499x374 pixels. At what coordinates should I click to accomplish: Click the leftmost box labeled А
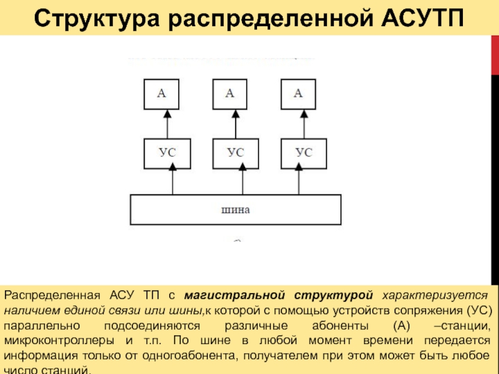click(161, 93)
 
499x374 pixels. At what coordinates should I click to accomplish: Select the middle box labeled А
click(230, 93)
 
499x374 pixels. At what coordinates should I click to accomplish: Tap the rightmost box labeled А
click(298, 93)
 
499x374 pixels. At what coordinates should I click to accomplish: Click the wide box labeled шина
click(235, 209)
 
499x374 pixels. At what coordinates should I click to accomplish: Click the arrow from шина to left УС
click(172, 181)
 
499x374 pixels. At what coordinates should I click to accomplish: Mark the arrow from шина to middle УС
click(241, 181)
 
